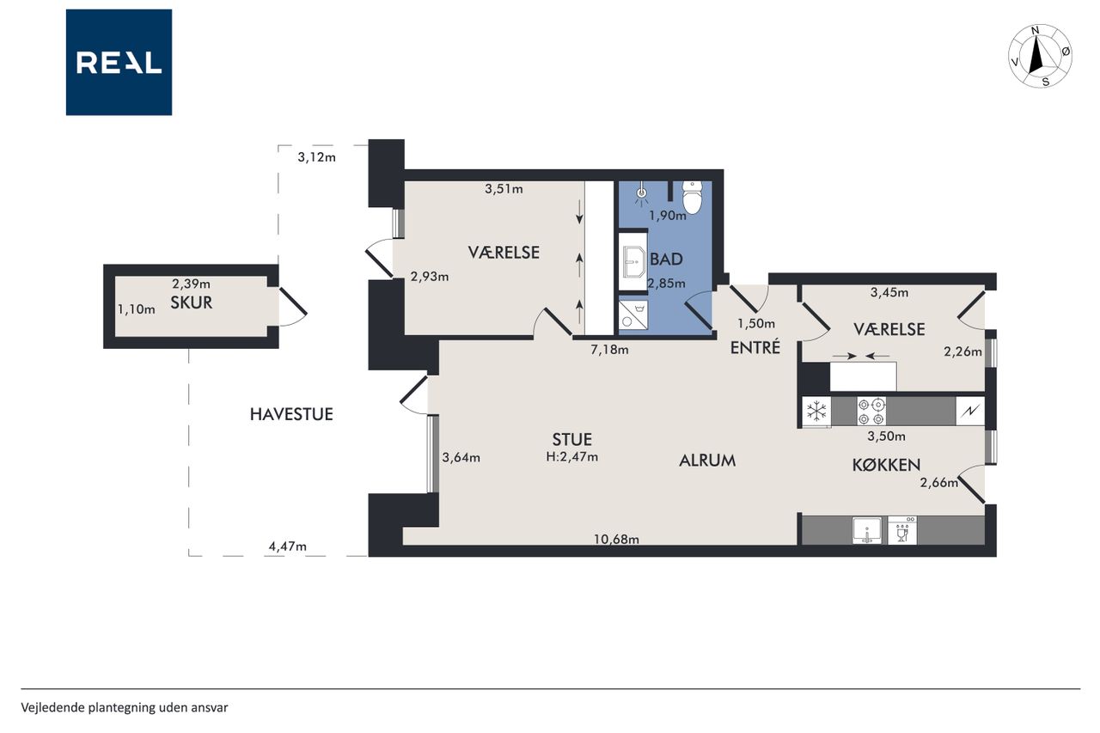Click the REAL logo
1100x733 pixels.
pyautogui.click(x=119, y=63)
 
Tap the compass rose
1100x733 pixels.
pyautogui.click(x=1040, y=57)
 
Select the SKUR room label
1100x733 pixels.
pyautogui.click(x=192, y=303)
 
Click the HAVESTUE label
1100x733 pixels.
pyautogui.click(x=291, y=414)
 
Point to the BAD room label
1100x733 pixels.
pyautogui.click(x=666, y=260)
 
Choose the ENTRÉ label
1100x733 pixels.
pyautogui.click(x=755, y=348)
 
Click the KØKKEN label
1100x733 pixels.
pyautogui.click(x=886, y=464)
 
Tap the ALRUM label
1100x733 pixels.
pyautogui.click(x=707, y=461)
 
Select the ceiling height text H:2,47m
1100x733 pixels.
pyautogui.click(x=572, y=457)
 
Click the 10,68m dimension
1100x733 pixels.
pyautogui.click(x=616, y=540)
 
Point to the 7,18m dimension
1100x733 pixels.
pyautogui.click(x=609, y=350)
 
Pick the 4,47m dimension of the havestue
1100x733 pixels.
pyautogui.click(x=288, y=546)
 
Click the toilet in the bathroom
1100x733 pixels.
pyautogui.click(x=693, y=198)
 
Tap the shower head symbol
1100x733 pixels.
pyautogui.click(x=641, y=194)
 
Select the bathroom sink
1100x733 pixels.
pyautogui.click(x=633, y=262)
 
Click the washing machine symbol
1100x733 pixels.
pyautogui.click(x=632, y=315)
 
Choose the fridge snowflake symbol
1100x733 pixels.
pyautogui.click(x=816, y=411)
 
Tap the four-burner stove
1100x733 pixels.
pyautogui.click(x=871, y=411)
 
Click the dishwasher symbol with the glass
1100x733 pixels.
pyautogui.click(x=902, y=530)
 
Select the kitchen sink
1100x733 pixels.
pyautogui.click(x=867, y=530)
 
